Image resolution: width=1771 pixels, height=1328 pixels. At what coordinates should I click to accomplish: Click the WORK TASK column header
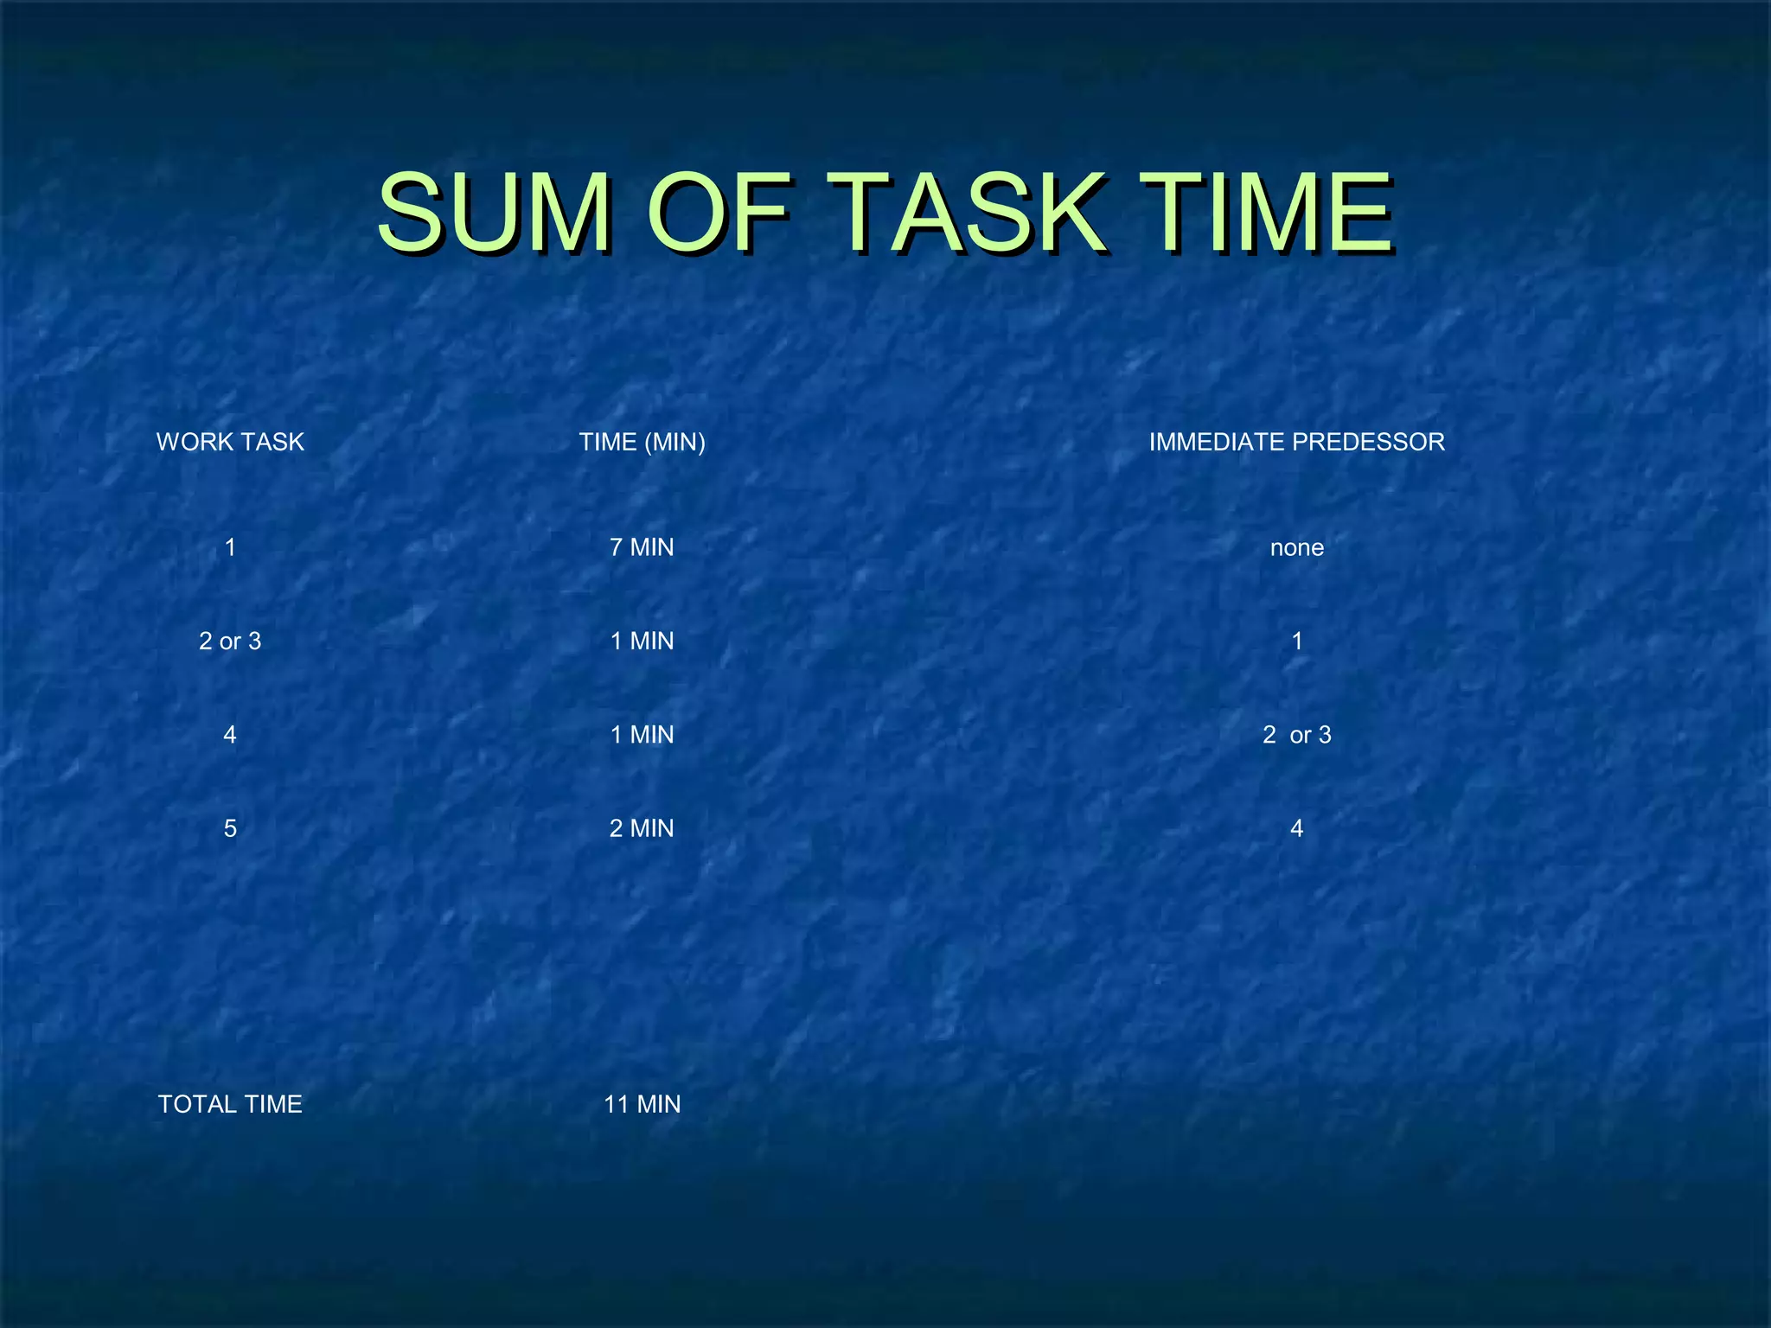(230, 442)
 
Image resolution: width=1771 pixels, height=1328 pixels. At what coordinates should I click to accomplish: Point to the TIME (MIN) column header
(642, 442)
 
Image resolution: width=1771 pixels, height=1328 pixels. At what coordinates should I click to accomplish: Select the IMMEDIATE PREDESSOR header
(1296, 442)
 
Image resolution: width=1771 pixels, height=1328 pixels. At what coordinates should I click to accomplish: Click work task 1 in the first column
(230, 547)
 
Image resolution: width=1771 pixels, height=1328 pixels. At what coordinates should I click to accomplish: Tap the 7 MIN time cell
(642, 547)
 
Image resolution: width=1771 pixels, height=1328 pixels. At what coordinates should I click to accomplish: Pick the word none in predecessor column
(1296, 547)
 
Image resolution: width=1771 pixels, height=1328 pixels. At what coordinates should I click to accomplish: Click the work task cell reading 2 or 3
(230, 641)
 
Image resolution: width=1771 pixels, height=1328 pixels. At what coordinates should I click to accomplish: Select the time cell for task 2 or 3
(642, 641)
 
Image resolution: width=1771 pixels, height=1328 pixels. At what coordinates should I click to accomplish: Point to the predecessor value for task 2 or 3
(1296, 641)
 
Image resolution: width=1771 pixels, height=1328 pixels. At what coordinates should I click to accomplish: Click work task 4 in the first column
(230, 735)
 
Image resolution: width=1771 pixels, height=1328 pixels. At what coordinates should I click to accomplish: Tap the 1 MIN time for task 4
(642, 735)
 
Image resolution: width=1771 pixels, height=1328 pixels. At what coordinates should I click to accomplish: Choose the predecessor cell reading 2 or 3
(1296, 735)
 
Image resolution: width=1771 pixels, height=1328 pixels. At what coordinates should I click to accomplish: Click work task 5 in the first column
(230, 828)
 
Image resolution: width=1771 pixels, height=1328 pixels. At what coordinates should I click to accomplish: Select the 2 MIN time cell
(642, 828)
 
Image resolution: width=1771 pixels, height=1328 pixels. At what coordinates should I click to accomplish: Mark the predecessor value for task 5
(1296, 828)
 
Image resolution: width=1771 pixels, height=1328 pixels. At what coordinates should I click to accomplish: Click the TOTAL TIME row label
(230, 1104)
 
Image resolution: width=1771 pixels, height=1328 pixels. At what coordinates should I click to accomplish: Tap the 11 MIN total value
(642, 1104)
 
